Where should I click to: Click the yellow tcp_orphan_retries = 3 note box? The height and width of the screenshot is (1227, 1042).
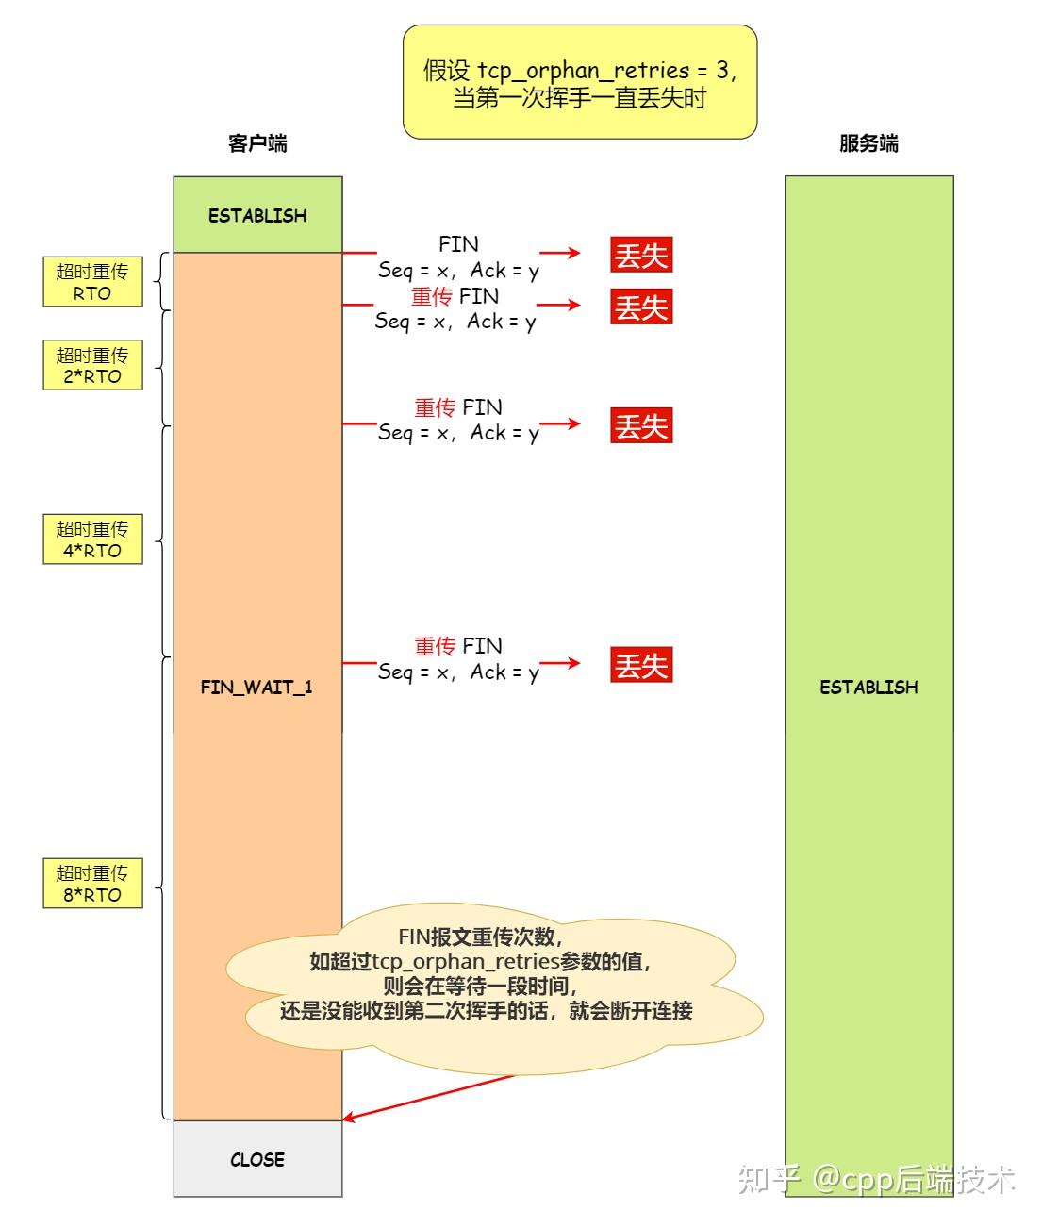tap(579, 83)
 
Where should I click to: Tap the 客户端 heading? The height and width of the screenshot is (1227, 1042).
tap(257, 143)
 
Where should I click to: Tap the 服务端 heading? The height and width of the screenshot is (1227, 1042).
tap(868, 143)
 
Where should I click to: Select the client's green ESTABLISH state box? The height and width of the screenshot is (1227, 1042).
tap(257, 215)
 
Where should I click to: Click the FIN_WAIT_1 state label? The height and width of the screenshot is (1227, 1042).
tap(256, 687)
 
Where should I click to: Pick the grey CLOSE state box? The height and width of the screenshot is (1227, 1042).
tap(257, 1159)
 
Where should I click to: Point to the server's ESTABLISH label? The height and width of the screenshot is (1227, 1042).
tap(868, 687)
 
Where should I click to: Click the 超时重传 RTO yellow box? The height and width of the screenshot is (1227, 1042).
tap(92, 282)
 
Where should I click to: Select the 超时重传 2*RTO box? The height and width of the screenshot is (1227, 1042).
tap(92, 365)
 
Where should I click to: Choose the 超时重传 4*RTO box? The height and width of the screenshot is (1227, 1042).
tap(92, 539)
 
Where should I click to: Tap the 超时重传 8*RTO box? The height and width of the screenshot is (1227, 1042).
tap(92, 883)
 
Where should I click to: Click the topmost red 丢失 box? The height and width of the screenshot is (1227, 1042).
tap(641, 255)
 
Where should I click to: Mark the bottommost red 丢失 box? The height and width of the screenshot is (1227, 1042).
tap(641, 666)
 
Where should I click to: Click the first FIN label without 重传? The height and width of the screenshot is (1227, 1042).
tap(458, 243)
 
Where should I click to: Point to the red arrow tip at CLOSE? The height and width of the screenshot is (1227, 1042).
tap(346, 1119)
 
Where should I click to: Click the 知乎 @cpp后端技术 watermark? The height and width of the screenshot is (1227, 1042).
tap(877, 1179)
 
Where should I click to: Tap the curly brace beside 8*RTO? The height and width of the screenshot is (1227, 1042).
tap(162, 887)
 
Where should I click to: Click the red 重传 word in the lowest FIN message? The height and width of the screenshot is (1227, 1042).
tap(435, 646)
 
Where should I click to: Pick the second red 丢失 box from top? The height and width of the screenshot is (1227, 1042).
tap(641, 307)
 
